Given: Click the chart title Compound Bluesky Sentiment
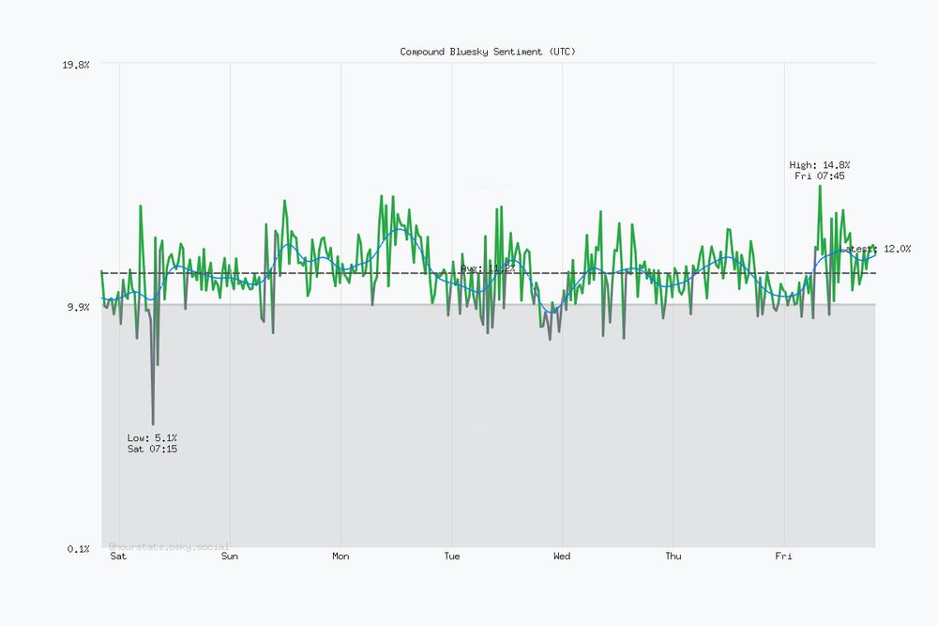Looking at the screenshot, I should (x=488, y=52).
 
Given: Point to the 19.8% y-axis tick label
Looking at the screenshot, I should (x=75, y=65).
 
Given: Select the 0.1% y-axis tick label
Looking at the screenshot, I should (x=78, y=548).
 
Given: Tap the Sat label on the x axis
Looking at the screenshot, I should (x=118, y=557).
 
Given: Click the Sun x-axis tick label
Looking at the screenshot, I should (x=230, y=557).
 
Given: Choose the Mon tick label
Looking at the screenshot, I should (x=340, y=557).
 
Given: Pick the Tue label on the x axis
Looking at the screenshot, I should (x=451, y=557).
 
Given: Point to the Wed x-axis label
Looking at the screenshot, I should (x=562, y=557).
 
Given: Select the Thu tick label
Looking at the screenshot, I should (x=673, y=557).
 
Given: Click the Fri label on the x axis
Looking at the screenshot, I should (x=783, y=557).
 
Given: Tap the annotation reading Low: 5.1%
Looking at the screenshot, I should (x=152, y=438).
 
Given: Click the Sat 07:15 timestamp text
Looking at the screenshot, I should (x=152, y=450).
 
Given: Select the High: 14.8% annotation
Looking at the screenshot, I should (x=820, y=165).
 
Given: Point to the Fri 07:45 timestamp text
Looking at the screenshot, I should (x=820, y=176).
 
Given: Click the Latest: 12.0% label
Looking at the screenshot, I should (x=878, y=249).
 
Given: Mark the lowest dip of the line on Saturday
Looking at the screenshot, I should (x=153, y=424).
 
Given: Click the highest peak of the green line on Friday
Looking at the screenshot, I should (x=820, y=186).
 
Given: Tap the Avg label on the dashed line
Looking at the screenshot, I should (x=488, y=268).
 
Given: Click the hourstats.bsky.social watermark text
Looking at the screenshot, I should (x=169, y=545).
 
